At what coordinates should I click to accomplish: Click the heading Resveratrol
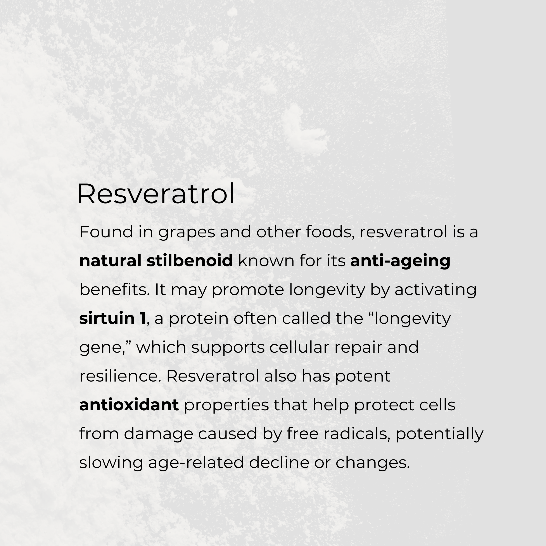156,194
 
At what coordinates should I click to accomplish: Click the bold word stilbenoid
190,261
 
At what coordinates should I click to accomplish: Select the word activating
435,290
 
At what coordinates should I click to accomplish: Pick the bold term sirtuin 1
112,318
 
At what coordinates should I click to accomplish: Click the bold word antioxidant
129,405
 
